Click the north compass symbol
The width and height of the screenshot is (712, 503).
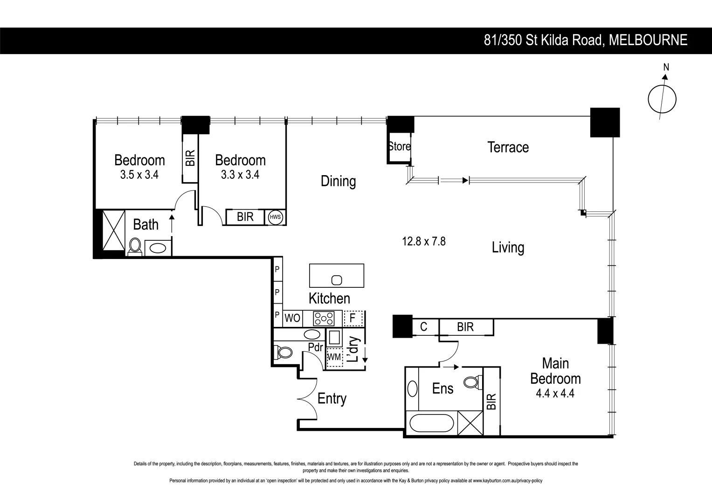point(662,99)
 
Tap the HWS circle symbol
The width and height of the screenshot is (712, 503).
point(275,217)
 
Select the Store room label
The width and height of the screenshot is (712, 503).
point(400,146)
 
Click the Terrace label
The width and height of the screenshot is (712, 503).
point(508,147)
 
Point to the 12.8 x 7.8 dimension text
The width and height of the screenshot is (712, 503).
point(424,241)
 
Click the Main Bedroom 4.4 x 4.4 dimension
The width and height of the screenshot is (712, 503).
point(555,393)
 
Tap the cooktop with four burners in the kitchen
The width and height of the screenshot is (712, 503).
point(324,319)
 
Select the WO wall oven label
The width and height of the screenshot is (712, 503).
point(292,319)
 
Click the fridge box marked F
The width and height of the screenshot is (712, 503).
point(353,319)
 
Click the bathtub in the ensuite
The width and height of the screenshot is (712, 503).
point(431,424)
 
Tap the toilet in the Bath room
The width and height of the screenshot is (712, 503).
point(135,246)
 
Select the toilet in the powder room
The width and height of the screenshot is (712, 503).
point(283,353)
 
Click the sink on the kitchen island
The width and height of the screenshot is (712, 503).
point(337,280)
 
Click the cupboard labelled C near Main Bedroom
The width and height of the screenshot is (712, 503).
point(423,327)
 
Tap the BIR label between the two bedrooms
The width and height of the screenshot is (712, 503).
point(190,158)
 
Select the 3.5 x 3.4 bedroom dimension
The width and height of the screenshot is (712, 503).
point(139,175)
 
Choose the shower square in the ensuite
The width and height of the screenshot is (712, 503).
point(470,423)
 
